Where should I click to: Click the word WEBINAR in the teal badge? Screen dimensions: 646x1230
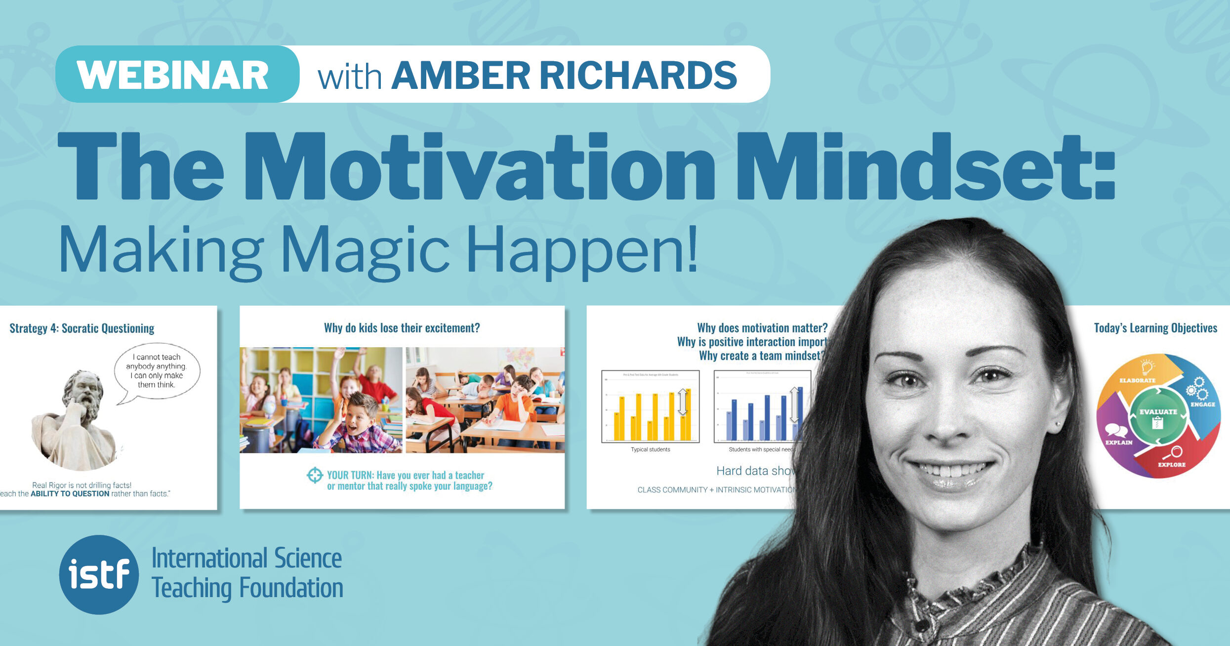pos(173,76)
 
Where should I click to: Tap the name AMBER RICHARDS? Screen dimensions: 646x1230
pos(564,76)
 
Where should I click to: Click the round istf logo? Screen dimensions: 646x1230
pos(99,574)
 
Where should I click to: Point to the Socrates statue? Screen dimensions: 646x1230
pos(77,420)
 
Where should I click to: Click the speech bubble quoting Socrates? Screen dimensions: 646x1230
pos(157,371)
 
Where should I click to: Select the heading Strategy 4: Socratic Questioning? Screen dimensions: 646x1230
pos(82,328)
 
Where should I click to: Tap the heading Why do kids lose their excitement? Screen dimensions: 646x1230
pos(402,328)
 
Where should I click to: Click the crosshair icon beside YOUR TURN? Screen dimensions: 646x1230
pos(315,475)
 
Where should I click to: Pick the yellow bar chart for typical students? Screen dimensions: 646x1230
pos(651,406)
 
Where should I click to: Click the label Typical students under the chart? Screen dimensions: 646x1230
pos(650,449)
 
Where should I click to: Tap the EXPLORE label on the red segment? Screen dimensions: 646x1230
pos(1172,464)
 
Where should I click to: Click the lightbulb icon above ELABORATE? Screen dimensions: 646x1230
pos(1147,367)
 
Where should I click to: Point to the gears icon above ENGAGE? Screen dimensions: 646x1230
pos(1197,389)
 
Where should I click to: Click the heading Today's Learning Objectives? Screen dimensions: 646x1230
pos(1155,328)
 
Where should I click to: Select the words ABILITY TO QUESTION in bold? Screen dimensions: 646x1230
pos(70,493)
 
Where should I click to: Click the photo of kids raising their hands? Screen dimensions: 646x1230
pos(321,400)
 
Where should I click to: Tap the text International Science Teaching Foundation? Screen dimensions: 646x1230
pos(247,573)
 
